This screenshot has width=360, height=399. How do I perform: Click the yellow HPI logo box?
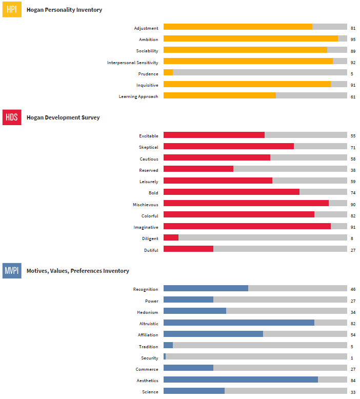pos(12,10)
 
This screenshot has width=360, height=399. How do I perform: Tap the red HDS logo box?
pos(12,117)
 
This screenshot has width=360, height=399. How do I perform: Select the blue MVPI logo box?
pos(12,271)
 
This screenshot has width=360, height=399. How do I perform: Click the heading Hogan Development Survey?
pos(63,117)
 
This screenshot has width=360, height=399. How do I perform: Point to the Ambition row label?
pos(148,39)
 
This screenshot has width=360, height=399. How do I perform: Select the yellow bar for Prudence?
pos(168,73)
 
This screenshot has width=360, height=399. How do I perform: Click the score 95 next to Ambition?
pos(353,39)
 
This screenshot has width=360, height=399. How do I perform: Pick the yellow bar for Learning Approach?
pos(219,95)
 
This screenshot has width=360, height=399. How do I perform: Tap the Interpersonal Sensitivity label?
pos(132,63)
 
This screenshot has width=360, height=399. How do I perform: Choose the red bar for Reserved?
pos(198,169)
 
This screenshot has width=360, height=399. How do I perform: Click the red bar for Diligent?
pos(171,237)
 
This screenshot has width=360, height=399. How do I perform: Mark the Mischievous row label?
pos(145,204)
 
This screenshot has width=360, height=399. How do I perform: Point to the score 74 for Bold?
pos(353,193)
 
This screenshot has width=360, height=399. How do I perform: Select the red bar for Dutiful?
pos(188,249)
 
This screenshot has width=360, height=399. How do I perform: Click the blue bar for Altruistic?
pos(238,323)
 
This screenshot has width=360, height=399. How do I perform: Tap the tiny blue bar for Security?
pos(165,356)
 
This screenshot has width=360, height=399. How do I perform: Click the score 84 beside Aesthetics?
pos(353,381)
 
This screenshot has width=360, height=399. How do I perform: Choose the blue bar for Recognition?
pos(206,288)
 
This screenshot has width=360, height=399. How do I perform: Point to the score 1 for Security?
pos(352,358)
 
